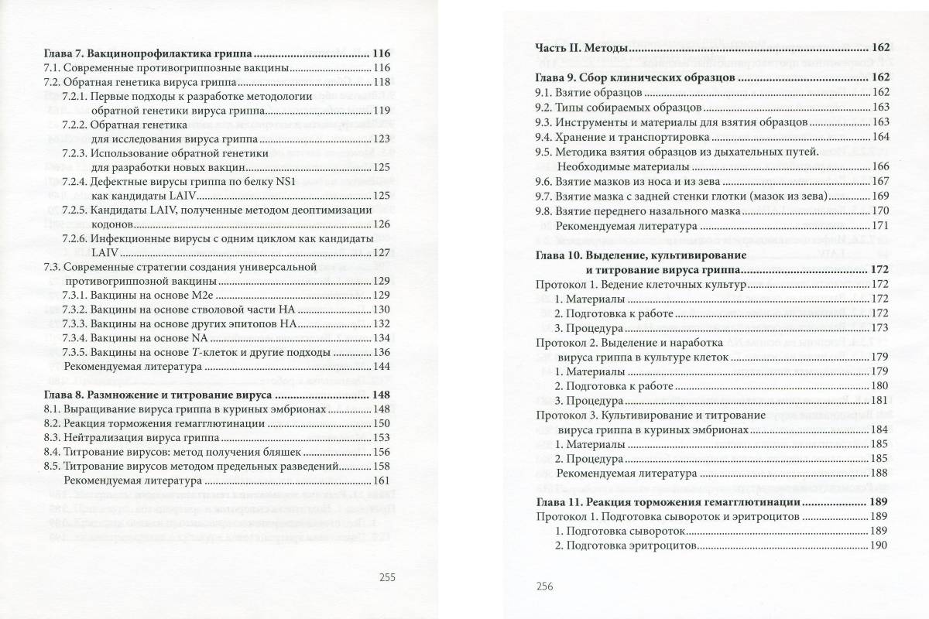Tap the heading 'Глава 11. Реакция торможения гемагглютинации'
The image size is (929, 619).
[667, 502]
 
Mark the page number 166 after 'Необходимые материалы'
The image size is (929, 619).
[880, 166]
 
